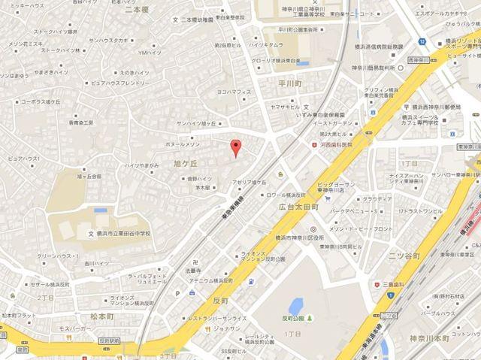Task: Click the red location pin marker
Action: (235, 148)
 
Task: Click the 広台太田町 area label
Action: (298, 206)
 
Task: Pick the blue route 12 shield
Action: (422, 40)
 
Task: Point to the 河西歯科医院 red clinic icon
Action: (315, 144)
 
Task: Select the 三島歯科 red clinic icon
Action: (376, 265)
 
